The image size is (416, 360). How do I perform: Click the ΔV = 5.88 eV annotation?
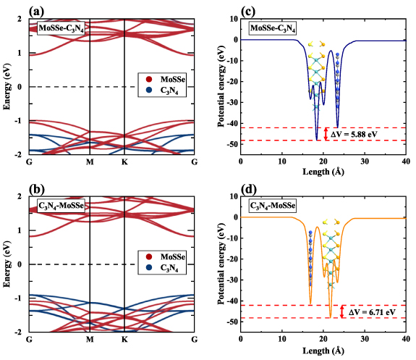point(355,135)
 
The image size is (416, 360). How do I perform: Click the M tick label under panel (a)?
point(90,162)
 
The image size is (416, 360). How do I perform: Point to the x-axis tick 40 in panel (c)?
point(406,162)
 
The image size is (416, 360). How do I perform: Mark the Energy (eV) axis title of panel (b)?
point(7,264)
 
